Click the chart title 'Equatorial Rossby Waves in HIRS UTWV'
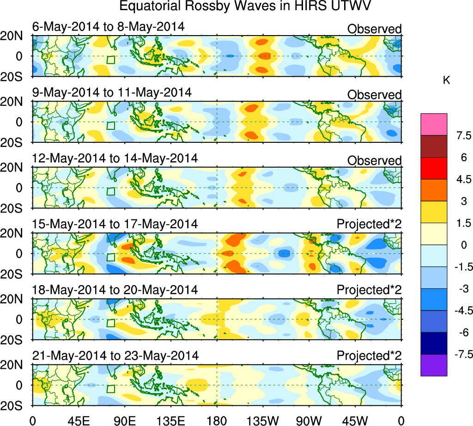click(245, 6)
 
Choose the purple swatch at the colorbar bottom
click(434, 365)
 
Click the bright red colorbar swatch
click(434, 168)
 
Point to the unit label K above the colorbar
click(446, 80)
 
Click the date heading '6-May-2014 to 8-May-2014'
click(109, 27)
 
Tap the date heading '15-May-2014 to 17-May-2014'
click(115, 224)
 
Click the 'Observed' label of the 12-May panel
click(374, 160)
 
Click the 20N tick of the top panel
click(15, 36)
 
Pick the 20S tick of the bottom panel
click(15, 405)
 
